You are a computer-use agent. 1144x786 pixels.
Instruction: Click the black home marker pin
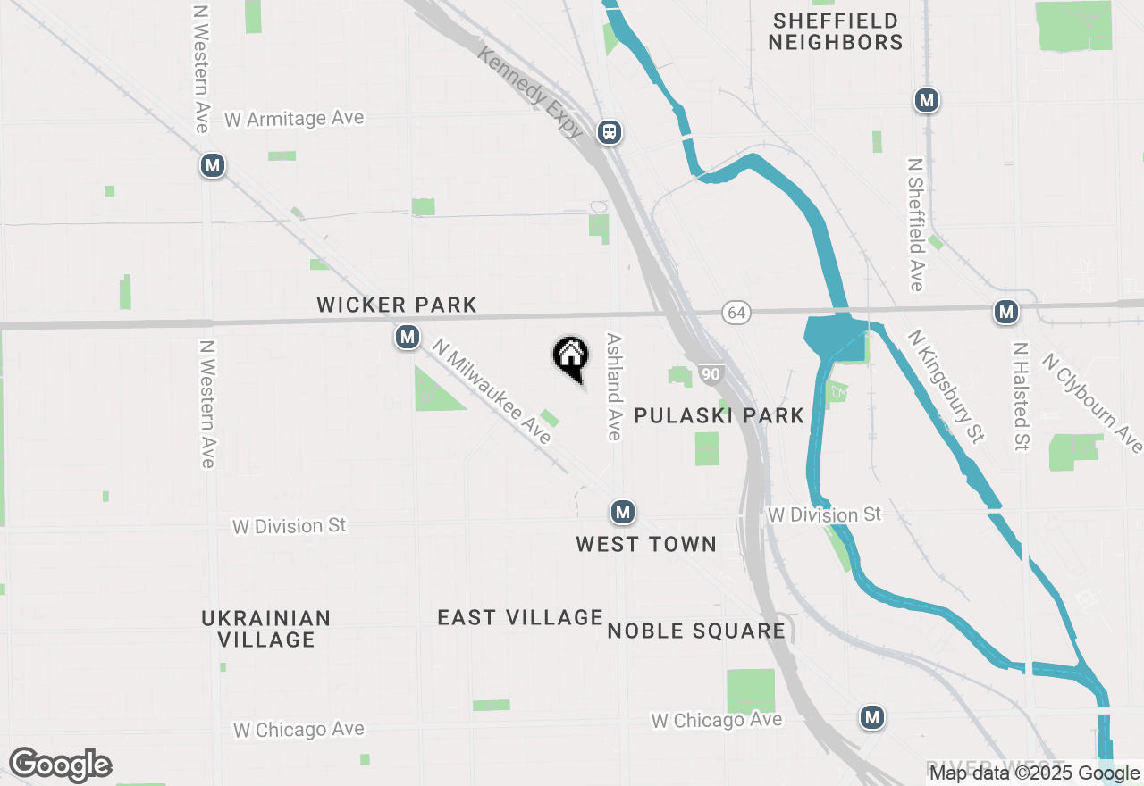[x=570, y=358]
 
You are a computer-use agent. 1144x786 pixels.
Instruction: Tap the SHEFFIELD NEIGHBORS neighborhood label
[x=836, y=31]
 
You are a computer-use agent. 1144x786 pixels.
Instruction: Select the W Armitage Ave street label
[x=294, y=119]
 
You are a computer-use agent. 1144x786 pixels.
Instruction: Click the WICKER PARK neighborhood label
[x=397, y=305]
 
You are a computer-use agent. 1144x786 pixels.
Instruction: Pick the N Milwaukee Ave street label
[x=492, y=390]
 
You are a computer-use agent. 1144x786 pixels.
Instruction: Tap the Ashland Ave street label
[x=613, y=387]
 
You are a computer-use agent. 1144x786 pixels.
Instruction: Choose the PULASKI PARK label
[x=719, y=415]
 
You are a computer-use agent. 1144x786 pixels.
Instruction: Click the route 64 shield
[x=736, y=313]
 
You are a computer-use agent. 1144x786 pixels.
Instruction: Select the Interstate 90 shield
[x=710, y=374]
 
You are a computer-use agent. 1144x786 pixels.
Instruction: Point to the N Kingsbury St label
[x=946, y=386]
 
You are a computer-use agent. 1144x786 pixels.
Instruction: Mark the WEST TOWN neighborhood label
[x=646, y=544]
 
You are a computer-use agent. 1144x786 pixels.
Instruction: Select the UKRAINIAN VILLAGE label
[x=266, y=629]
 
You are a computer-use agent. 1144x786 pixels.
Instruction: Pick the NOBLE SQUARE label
[x=696, y=631]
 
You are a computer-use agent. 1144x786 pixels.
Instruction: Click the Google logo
[x=60, y=765]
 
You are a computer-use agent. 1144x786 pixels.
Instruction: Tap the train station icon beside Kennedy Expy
[x=610, y=132]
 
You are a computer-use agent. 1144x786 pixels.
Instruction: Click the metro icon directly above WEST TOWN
[x=623, y=513]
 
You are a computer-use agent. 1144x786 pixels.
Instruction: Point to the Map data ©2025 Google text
[x=1034, y=773]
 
